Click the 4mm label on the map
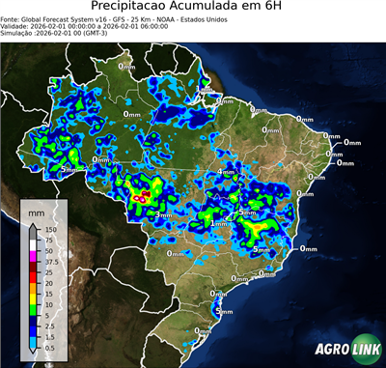[227, 172]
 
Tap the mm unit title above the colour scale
[36, 209]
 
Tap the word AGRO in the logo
[331, 350]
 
